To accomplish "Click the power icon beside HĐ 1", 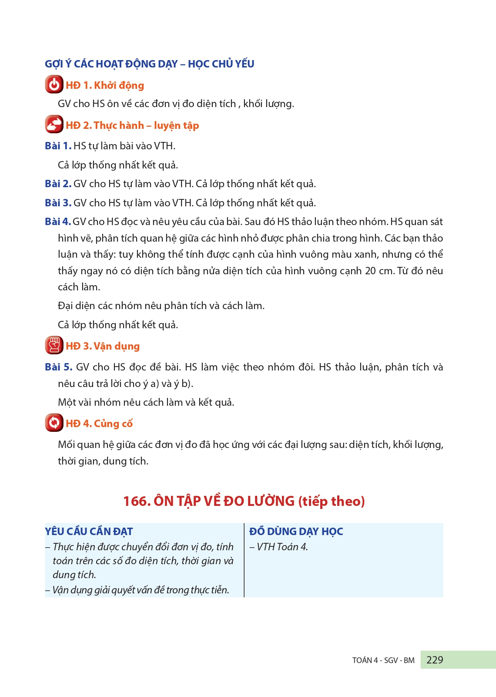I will (54, 84).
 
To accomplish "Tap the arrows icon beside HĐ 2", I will (54, 125).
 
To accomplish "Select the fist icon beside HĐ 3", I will (54, 345).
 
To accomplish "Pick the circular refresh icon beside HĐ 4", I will (54, 423).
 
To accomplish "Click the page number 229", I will (435, 660).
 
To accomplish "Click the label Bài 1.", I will (58, 146).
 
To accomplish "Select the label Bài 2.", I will (58, 184).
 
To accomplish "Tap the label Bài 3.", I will (58, 203).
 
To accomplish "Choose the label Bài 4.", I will (57, 222).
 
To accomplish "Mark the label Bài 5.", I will (58, 367).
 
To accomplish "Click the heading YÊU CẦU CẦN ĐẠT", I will (89, 532).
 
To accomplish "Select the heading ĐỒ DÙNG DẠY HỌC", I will (296, 532).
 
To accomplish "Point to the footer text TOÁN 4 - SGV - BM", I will (383, 660).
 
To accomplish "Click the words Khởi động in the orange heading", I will (119, 85).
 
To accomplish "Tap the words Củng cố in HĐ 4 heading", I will (113, 424).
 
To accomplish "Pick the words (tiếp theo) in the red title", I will (331, 502).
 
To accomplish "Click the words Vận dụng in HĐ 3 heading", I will (117, 346).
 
